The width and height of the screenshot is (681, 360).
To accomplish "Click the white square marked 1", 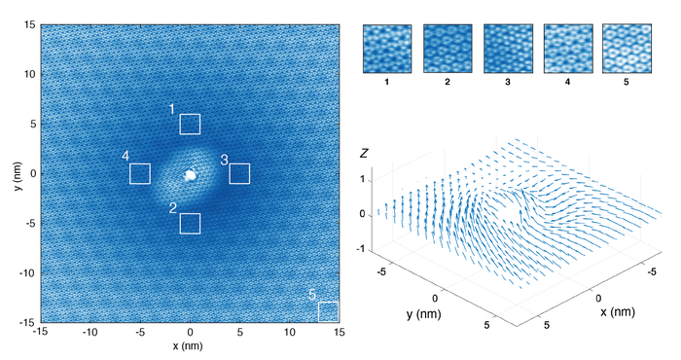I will pos(190,124).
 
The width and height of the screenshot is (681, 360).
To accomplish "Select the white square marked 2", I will pos(190,224).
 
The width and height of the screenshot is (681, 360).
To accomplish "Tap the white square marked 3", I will pos(240,174).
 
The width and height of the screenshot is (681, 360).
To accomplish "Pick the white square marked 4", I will pos(140,174).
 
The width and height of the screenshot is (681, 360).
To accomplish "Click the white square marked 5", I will pos(328,311).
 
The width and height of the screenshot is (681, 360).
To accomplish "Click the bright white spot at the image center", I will pos(191,176).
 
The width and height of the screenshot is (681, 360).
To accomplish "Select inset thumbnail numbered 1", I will pos(386,49).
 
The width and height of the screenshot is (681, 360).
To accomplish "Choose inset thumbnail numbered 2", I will pos(447,49).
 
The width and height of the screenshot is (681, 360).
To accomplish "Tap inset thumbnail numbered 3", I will pos(507,49).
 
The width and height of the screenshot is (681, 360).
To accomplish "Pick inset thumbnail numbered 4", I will pos(567,49).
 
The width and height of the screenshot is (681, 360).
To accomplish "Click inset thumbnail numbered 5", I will pos(627,49).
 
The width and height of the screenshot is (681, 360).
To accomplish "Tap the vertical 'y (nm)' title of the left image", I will pos(18,173).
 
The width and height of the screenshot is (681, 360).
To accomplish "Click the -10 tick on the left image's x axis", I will pos(90,334).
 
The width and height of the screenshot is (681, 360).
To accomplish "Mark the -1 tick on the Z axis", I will pos(363,249).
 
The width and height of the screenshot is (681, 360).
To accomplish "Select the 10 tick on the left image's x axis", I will pos(290,334).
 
